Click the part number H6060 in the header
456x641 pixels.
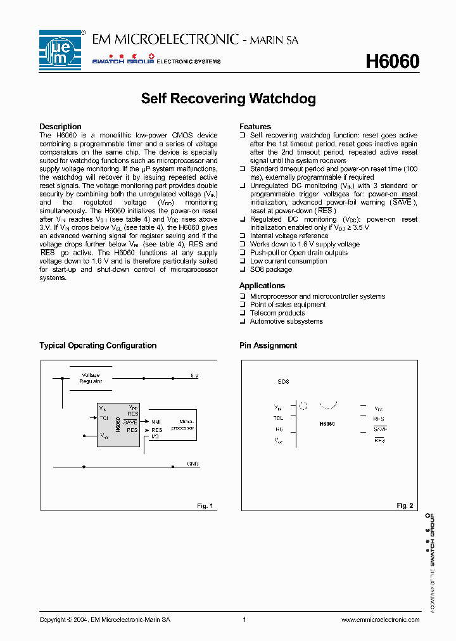392,61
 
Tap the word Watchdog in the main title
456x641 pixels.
282,99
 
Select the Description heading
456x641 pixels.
60,127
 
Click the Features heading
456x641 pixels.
255,127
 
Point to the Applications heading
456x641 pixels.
262,286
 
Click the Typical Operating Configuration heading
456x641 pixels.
98,345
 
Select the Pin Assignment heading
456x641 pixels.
268,345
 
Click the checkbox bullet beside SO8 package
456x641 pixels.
242,269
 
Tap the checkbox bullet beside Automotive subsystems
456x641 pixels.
242,321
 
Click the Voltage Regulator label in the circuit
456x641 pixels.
91,378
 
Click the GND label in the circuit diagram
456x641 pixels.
193,464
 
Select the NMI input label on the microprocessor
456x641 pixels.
156,421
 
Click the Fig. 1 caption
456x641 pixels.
205,505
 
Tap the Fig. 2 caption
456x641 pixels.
405,505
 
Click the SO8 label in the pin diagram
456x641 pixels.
283,382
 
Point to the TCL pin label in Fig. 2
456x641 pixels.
278,417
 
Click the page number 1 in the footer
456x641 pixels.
244,619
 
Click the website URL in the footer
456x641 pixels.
380,619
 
